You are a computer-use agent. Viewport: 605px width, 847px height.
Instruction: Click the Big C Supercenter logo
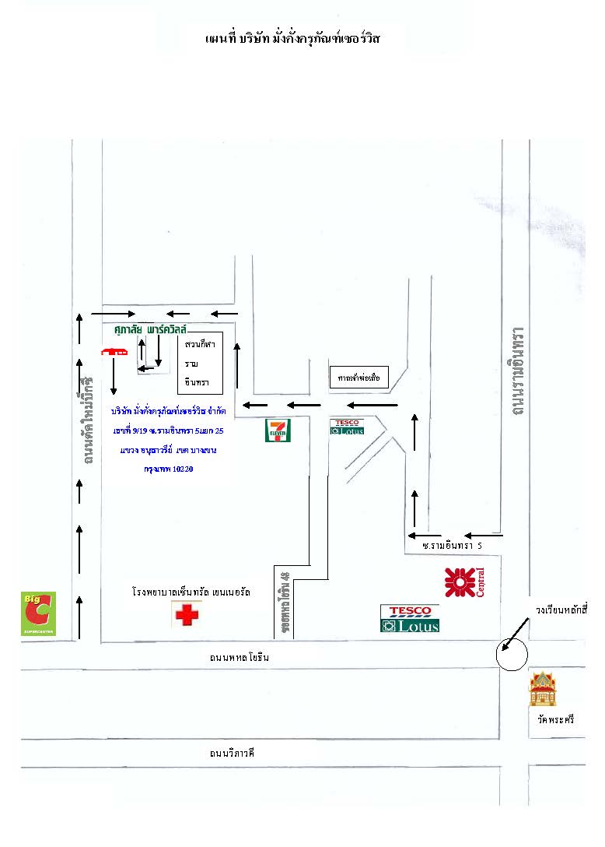tap(37, 613)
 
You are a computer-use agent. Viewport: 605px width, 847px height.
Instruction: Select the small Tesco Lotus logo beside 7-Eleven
tap(347, 427)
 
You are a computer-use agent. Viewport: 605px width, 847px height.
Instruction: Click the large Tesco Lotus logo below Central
tap(410, 618)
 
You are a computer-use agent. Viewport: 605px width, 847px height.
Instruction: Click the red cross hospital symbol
tap(187, 615)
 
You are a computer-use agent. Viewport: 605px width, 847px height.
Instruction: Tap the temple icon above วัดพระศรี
tap(543, 689)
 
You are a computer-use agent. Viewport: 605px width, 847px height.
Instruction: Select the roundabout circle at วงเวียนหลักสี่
tap(512, 655)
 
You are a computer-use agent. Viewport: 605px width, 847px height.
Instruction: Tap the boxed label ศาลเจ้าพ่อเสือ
tap(358, 377)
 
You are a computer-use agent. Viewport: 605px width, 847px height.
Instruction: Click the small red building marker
tap(114, 352)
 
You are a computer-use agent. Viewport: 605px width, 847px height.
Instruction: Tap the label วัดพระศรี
tap(554, 721)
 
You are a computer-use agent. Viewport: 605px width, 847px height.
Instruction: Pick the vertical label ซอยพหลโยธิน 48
tap(285, 603)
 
